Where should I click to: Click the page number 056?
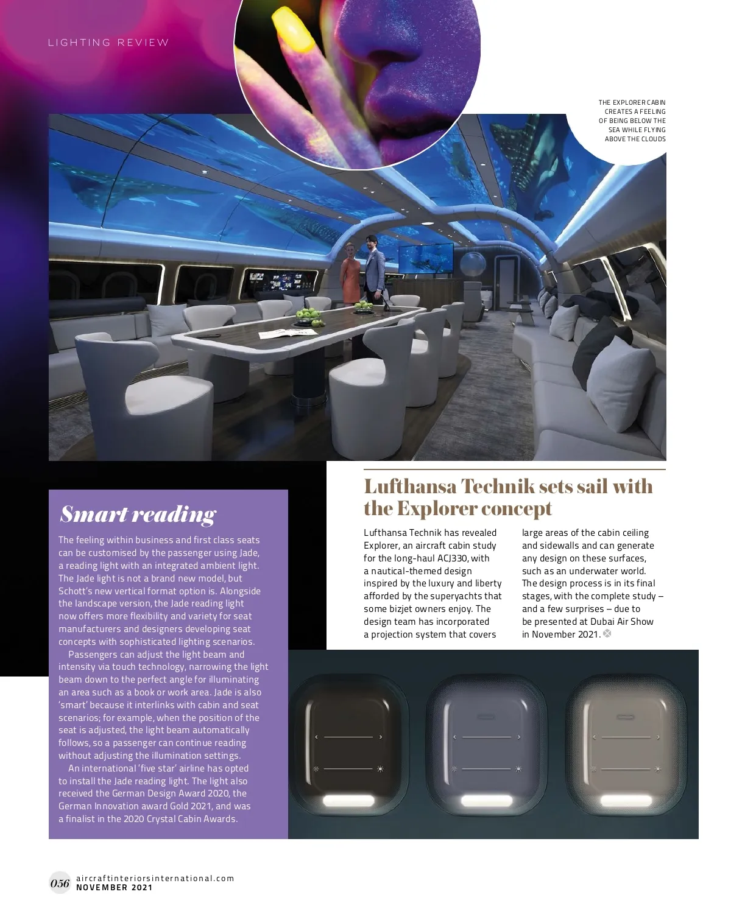click(x=60, y=883)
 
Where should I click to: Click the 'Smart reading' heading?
click(x=138, y=515)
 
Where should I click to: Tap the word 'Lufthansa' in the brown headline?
click(x=409, y=487)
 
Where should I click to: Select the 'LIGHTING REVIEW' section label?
click(x=108, y=43)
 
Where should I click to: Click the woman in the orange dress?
click(x=350, y=273)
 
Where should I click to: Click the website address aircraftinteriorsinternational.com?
click(x=155, y=878)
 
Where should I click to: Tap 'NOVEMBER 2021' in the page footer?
click(x=115, y=888)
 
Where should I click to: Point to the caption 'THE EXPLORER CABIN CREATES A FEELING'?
click(x=632, y=107)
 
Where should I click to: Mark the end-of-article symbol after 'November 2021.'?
click(x=607, y=634)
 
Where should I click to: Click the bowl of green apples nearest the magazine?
click(x=308, y=315)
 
